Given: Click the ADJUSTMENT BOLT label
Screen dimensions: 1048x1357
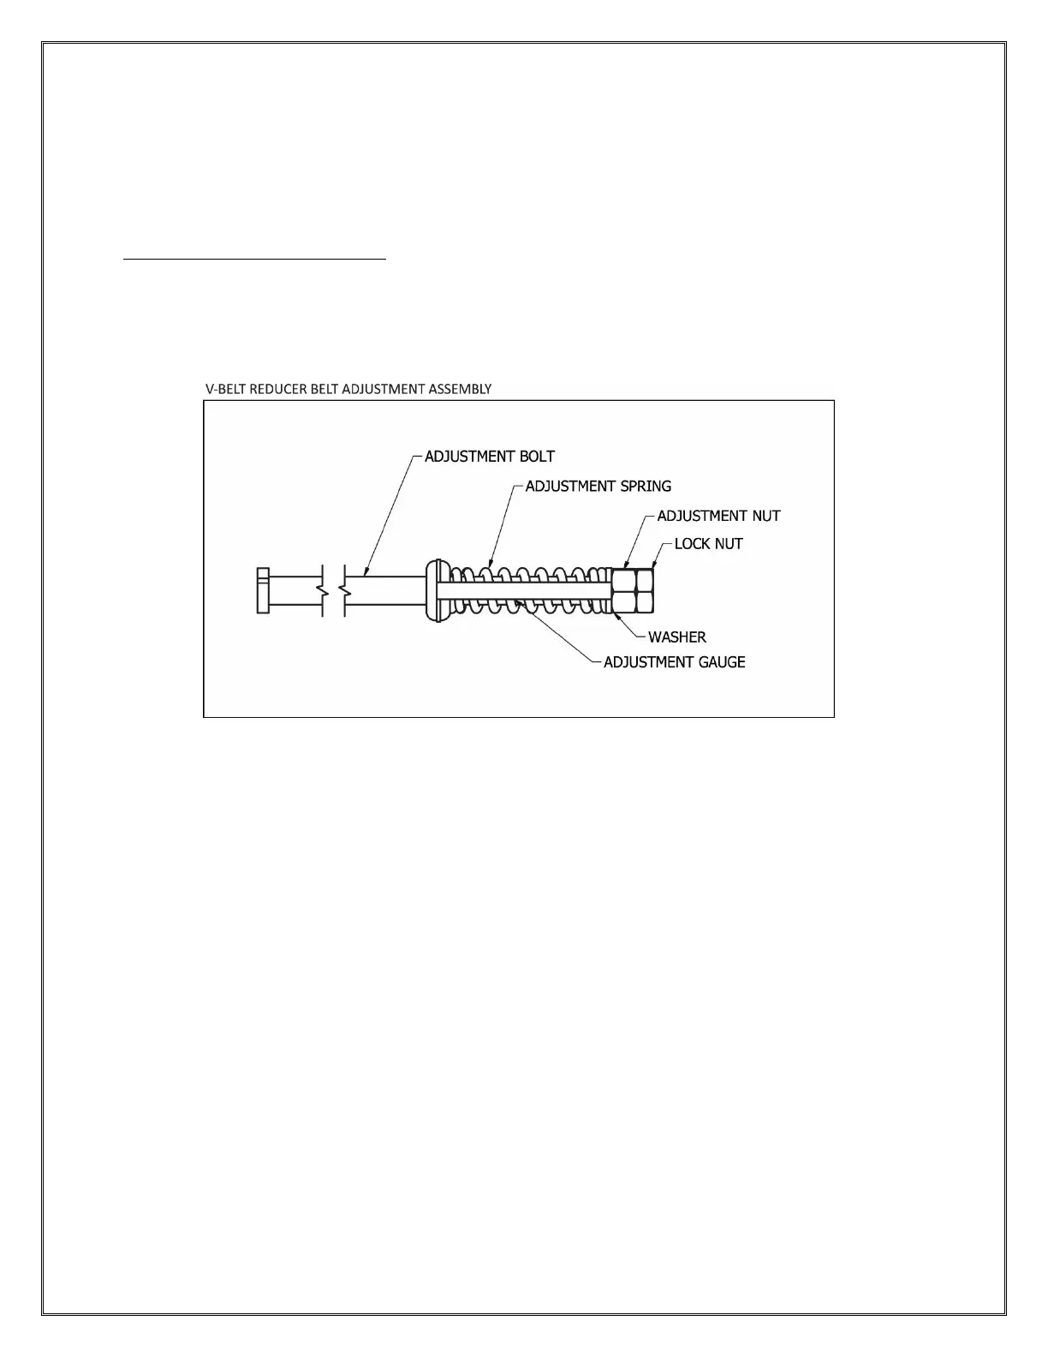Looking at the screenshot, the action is (x=490, y=457).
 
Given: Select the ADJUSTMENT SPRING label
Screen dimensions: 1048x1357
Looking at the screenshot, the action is (x=598, y=486).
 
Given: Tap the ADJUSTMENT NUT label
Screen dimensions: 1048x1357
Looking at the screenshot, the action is (x=718, y=516).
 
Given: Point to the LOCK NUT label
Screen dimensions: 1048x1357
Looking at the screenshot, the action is (x=708, y=544).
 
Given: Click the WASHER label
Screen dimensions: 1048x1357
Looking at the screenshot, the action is (x=676, y=637).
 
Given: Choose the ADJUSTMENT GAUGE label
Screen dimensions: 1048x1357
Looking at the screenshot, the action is (x=674, y=662).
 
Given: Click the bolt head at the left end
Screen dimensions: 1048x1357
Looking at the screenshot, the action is (x=263, y=590).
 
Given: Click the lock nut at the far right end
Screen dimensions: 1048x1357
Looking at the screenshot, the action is (x=646, y=591).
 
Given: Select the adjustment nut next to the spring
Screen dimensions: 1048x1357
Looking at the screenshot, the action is (x=624, y=591).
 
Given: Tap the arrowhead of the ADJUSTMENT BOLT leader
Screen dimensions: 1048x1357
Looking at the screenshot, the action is (x=365, y=573).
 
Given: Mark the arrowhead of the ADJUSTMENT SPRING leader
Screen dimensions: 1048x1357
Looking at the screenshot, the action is (x=491, y=565).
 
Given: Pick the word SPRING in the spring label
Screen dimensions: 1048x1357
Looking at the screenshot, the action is (x=646, y=486).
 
